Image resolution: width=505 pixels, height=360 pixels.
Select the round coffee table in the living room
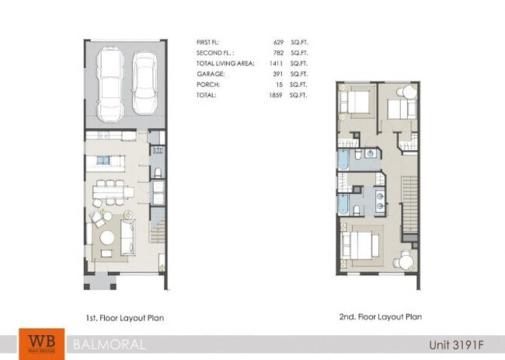107,236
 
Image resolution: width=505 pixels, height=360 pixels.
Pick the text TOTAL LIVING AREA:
224,64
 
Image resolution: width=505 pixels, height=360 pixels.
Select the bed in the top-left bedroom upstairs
357,102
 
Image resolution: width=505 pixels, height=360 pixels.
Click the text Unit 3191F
458,344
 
